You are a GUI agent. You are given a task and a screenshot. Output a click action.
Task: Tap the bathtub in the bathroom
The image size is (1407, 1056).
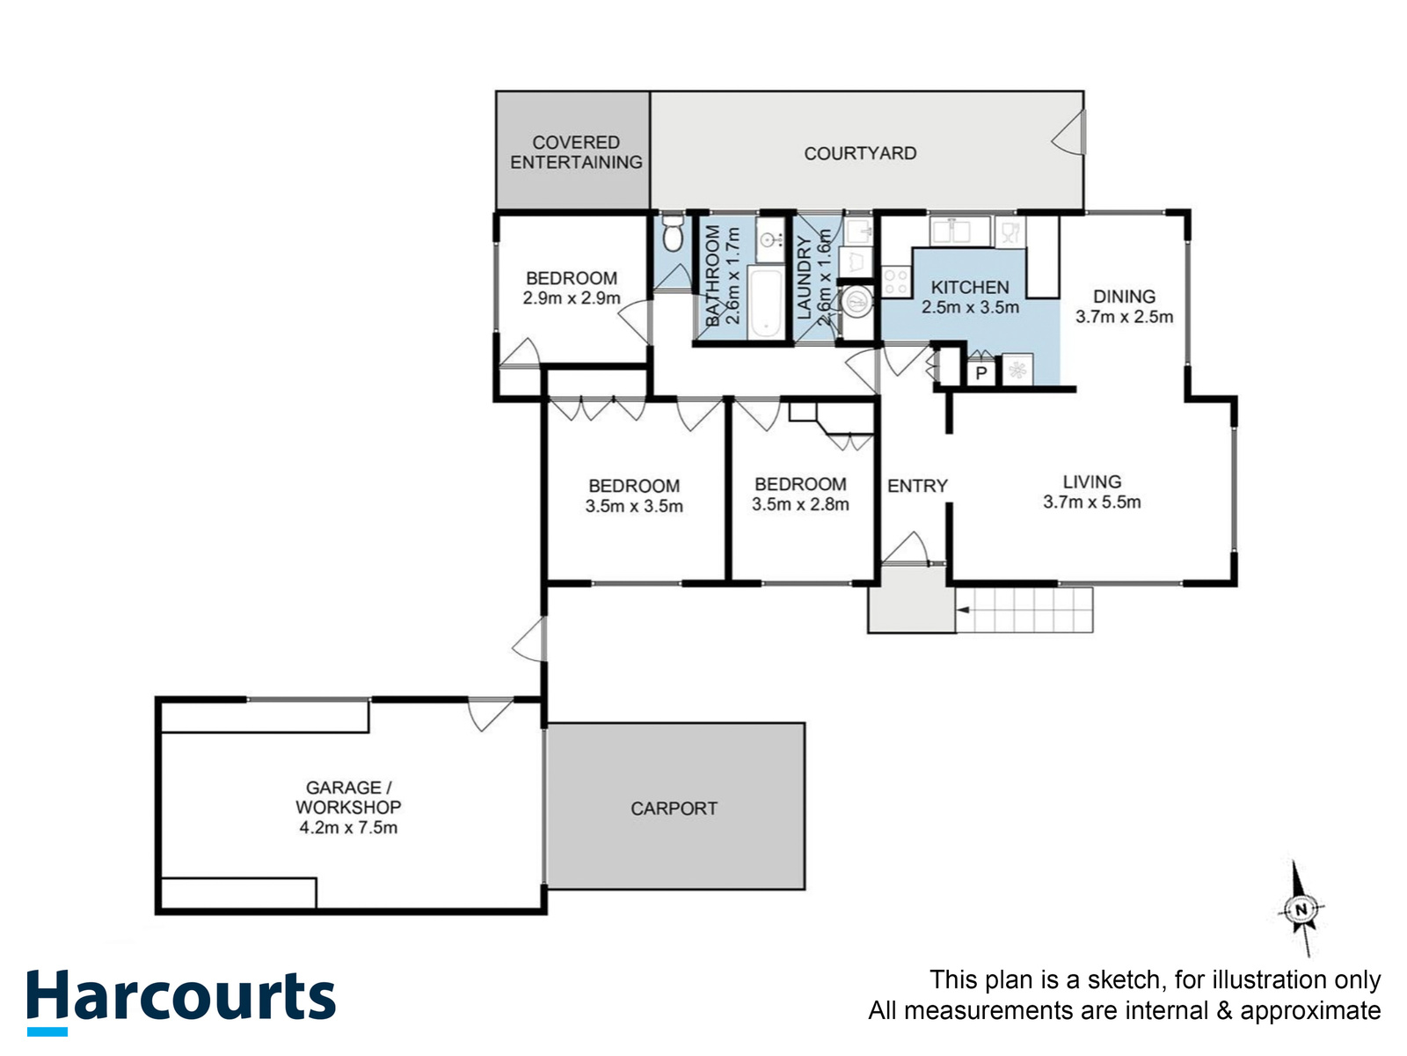click(x=766, y=303)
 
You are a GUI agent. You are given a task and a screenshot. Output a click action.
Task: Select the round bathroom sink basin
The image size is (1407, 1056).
click(x=770, y=240)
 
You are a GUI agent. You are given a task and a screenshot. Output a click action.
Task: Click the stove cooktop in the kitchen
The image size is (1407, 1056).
click(x=896, y=282)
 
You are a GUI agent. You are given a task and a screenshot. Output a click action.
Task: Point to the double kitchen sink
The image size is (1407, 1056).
click(x=959, y=231)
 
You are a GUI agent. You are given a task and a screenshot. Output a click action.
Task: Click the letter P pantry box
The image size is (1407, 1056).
click(x=981, y=373)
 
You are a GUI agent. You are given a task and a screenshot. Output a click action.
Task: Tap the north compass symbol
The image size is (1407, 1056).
click(x=1301, y=909)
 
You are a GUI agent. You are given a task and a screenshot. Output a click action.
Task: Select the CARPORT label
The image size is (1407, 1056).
click(x=674, y=809)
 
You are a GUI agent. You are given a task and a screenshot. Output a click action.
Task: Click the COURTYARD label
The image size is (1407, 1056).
click(x=860, y=153)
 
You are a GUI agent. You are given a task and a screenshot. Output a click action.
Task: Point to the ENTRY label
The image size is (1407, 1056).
click(x=917, y=486)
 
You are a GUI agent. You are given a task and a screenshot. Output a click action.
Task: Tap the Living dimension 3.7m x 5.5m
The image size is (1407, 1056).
click(x=1091, y=502)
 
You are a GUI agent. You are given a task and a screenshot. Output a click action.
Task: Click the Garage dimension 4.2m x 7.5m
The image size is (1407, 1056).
click(x=348, y=828)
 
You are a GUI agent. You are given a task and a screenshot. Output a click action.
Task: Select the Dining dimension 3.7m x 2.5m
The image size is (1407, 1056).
click(x=1125, y=317)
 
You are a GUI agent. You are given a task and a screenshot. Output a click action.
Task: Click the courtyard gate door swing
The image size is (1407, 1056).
click(x=1068, y=132)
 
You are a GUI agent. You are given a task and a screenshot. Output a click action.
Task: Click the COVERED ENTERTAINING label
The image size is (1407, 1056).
click(x=576, y=152)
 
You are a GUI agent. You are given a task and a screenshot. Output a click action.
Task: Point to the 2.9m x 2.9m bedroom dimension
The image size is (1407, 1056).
click(x=572, y=298)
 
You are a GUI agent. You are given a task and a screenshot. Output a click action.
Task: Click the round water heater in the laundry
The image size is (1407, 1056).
click(x=856, y=302)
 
